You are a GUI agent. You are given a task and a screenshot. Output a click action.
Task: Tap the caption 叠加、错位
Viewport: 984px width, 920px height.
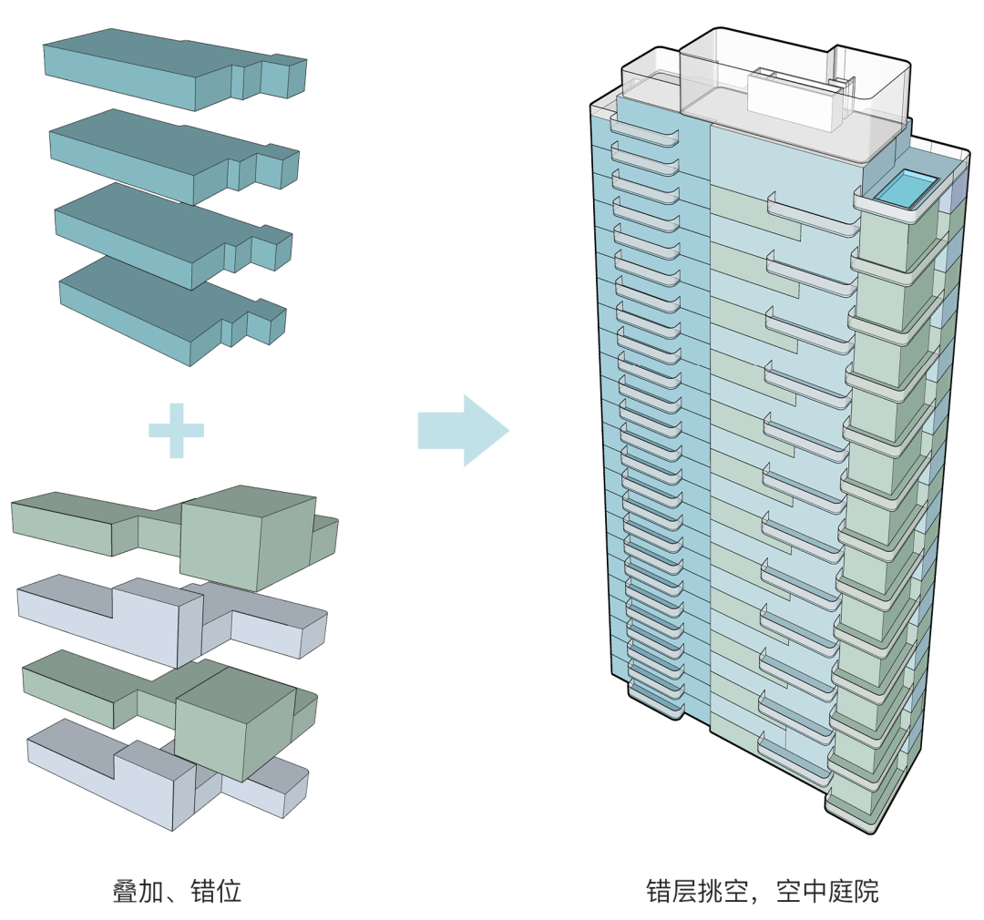tap(177, 890)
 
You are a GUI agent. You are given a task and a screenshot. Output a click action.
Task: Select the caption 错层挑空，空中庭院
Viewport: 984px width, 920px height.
tap(762, 890)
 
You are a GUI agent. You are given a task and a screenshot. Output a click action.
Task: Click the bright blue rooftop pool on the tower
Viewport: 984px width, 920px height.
tap(908, 189)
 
